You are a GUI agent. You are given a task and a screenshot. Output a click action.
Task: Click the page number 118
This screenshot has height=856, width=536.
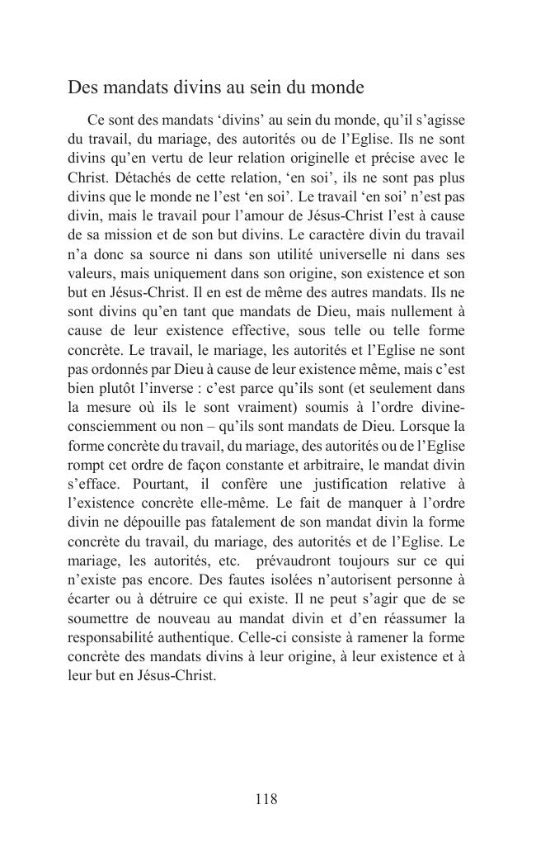pos(266,799)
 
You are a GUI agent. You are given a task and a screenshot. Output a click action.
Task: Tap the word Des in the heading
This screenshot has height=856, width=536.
pos(82,87)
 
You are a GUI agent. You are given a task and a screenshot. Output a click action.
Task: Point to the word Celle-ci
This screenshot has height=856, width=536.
pos(285,638)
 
